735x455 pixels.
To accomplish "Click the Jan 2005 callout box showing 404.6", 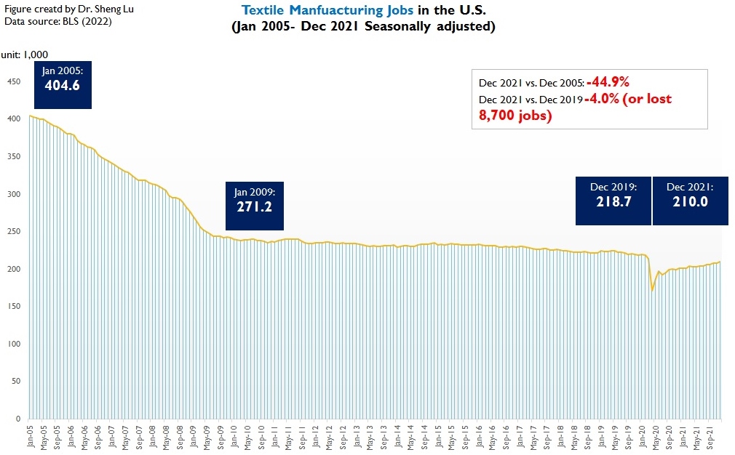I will click(x=63, y=84).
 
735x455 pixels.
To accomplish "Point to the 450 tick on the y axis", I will click(x=12, y=81).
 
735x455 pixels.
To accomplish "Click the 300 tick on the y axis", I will click(x=12, y=194).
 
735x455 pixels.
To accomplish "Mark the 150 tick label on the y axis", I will click(x=12, y=306).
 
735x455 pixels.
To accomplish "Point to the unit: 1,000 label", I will click(x=23, y=55).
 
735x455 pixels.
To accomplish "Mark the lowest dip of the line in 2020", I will click(x=653, y=290).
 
